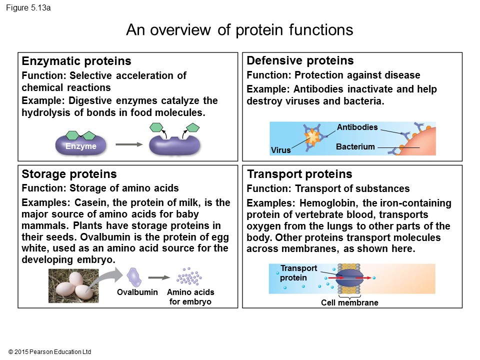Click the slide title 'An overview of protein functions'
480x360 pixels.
(x=239, y=30)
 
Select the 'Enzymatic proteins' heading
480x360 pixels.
(x=76, y=61)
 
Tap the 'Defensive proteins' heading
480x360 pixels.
(x=300, y=61)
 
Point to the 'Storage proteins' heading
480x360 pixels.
(x=69, y=174)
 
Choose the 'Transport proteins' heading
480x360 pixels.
(x=299, y=174)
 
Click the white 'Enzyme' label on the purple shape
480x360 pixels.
(x=80, y=146)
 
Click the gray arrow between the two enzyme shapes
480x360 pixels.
(x=128, y=145)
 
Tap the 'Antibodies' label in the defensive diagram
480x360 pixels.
(x=357, y=127)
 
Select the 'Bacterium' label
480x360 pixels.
(x=355, y=147)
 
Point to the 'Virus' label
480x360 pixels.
(x=280, y=150)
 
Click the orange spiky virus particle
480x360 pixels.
(x=312, y=135)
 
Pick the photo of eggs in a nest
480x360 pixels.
(x=73, y=286)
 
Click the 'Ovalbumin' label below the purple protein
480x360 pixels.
(x=137, y=292)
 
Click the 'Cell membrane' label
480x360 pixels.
(x=349, y=303)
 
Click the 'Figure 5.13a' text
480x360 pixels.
(x=28, y=8)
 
